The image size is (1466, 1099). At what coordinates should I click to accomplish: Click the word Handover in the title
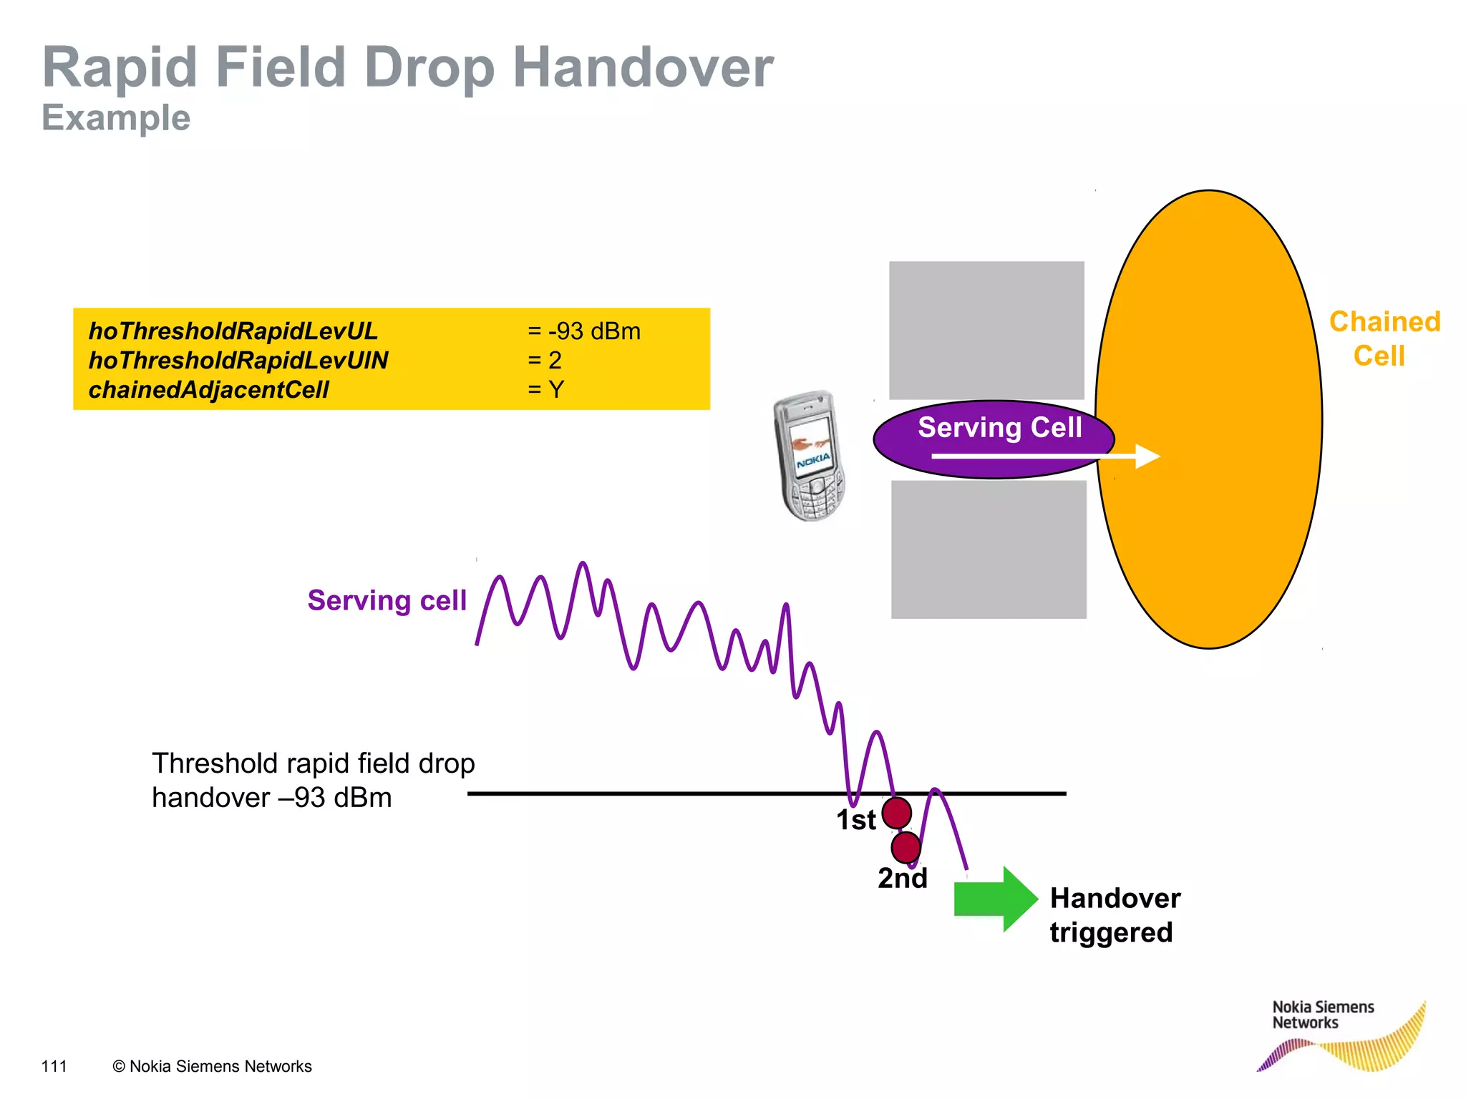(643, 67)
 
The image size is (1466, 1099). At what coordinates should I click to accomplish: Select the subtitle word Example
(116, 118)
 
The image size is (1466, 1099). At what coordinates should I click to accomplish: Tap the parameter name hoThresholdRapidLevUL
(233, 331)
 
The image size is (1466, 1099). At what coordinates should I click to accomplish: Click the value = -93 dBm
(583, 331)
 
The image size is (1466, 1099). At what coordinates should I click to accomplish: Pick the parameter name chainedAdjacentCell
(208, 390)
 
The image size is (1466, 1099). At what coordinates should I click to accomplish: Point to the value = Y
(545, 390)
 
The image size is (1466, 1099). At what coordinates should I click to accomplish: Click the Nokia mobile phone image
(810, 456)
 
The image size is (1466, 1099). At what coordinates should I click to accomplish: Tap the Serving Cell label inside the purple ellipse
(999, 427)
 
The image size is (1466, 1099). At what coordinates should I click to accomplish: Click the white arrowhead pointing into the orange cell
(1147, 456)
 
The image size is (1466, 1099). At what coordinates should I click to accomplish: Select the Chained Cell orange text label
(1384, 338)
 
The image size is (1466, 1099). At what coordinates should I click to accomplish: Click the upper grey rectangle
(986, 330)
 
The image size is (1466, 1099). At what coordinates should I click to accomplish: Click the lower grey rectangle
(989, 549)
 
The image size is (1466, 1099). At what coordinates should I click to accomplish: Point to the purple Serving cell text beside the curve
(387, 600)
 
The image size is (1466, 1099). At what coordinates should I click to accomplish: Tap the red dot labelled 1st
(896, 813)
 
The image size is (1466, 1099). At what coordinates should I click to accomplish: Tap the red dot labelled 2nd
(906, 847)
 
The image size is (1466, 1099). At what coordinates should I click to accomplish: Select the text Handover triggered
(1114, 915)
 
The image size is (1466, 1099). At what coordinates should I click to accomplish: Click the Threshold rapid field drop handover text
(313, 781)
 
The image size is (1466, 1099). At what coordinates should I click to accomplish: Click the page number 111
(54, 1066)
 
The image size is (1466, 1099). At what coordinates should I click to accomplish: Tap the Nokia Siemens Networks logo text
(1322, 1015)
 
